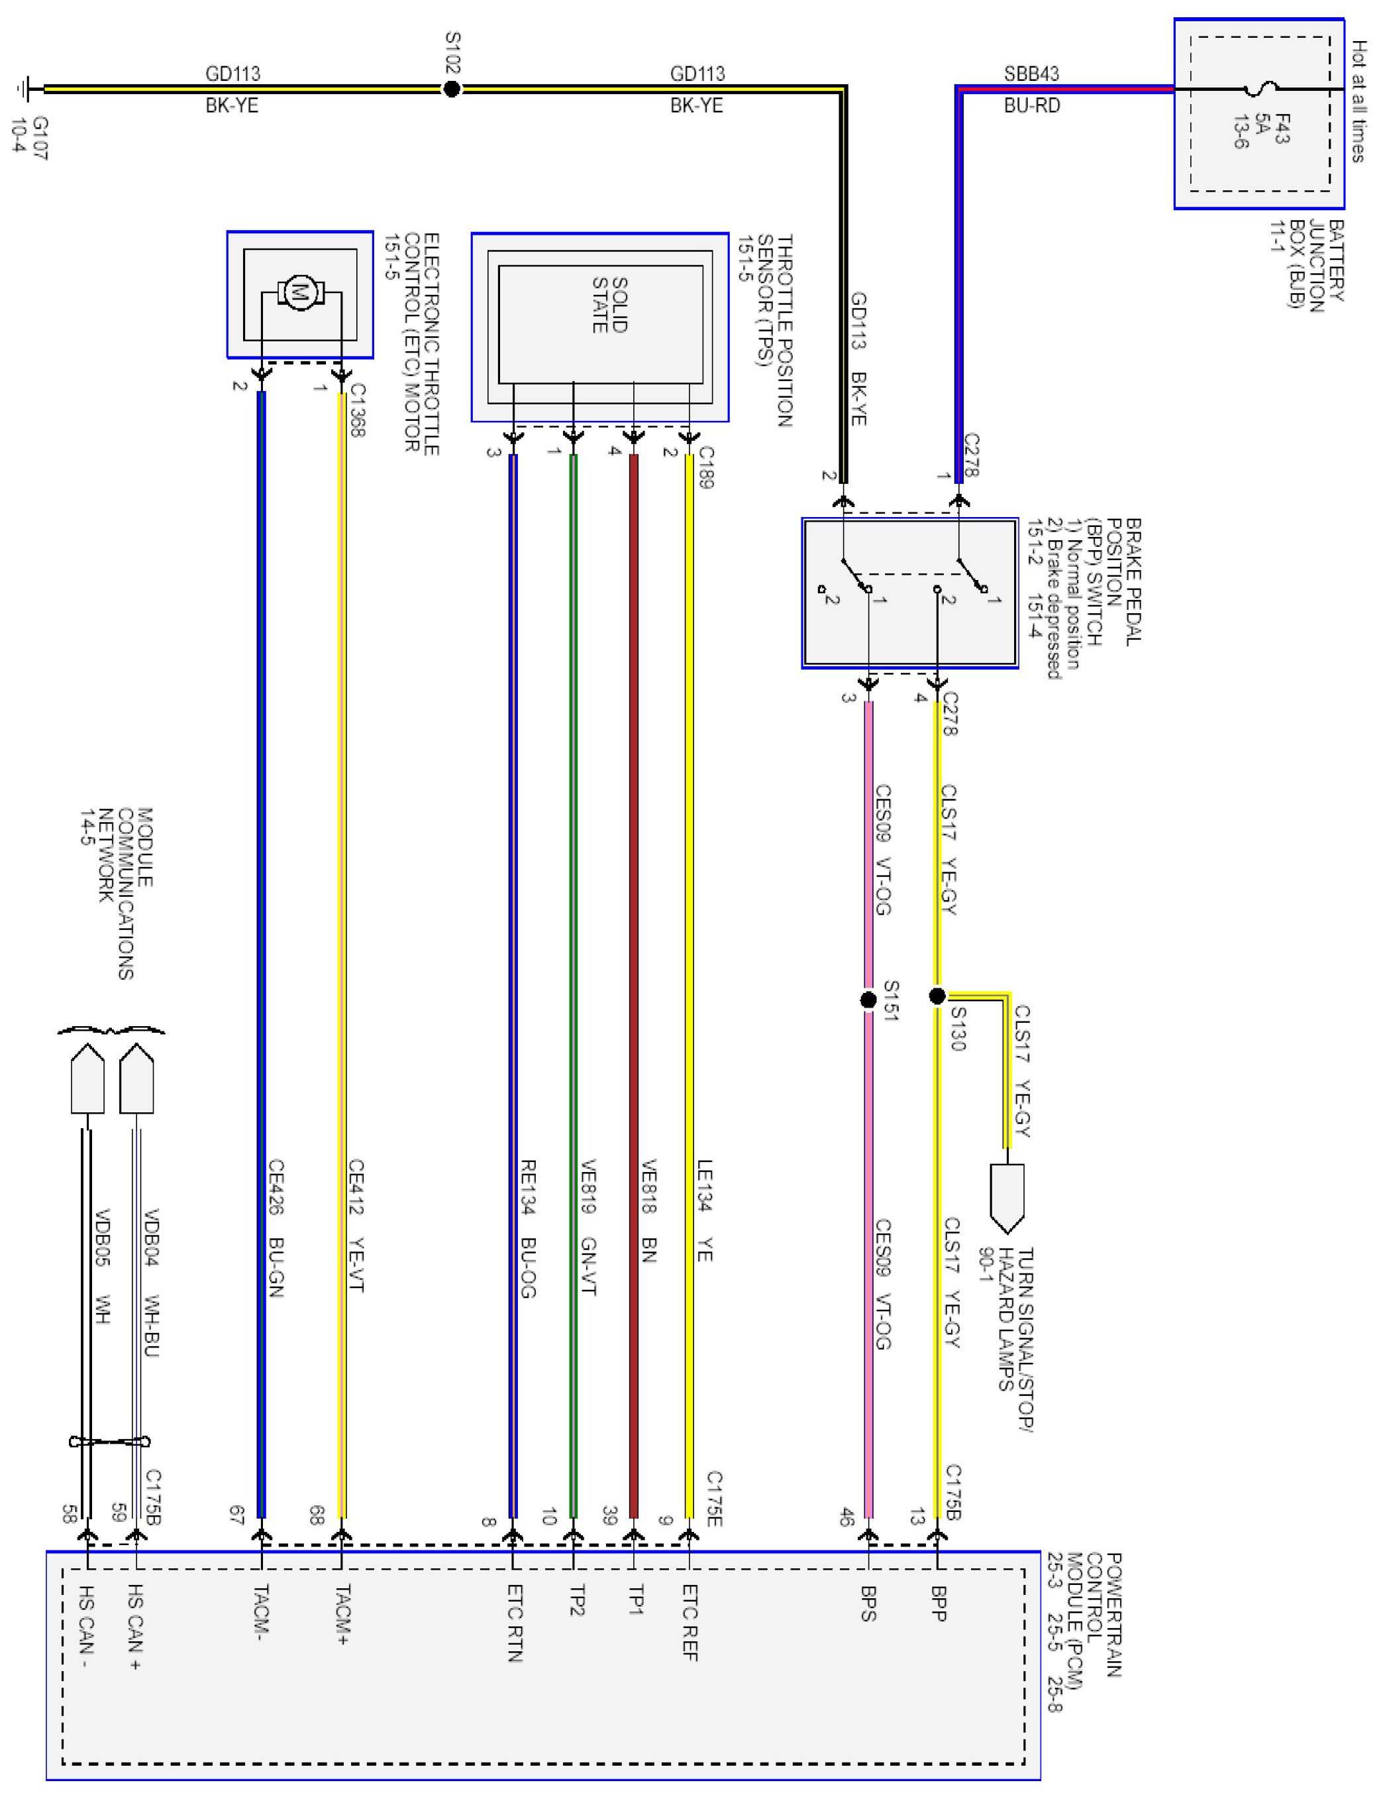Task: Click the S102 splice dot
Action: (451, 89)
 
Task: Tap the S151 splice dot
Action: (868, 1000)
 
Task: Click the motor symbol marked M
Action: (299, 292)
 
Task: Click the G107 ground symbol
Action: (25, 89)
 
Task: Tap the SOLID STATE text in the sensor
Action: (610, 306)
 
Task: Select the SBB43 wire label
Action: (1031, 74)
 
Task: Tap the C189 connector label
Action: (705, 467)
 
